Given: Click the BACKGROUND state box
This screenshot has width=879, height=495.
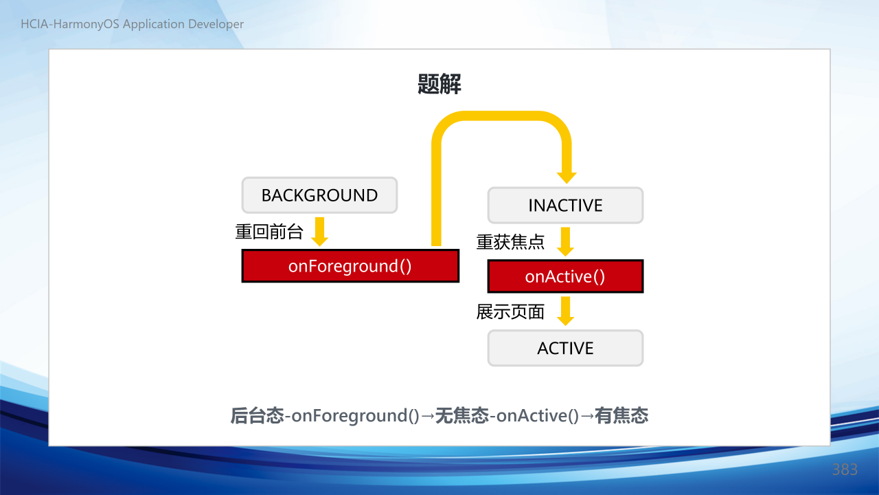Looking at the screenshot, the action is pos(319,195).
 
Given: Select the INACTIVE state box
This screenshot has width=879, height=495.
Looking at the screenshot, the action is pos(565,206).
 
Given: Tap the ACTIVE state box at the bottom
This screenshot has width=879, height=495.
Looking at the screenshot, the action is pos(565,348).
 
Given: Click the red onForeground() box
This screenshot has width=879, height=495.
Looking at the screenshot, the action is pos(350,266).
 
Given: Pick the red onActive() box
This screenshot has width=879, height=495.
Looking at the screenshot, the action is pos(565,276).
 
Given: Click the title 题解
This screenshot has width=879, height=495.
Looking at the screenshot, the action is pos(439,84).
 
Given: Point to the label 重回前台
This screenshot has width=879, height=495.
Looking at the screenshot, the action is pos(269,232).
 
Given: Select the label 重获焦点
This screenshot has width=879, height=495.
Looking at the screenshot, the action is pos(510,241).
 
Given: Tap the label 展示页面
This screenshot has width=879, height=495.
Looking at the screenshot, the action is pos(510,312).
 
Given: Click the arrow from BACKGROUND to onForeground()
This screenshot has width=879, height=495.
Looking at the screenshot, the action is pos(320,232).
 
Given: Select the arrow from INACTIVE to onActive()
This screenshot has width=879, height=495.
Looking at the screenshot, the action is pos(565,241).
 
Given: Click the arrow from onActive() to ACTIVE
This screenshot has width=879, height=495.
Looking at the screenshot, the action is pos(565,311).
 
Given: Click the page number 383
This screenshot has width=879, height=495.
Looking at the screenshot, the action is pos(845,470).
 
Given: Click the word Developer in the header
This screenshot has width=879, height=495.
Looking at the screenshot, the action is pos(216,24).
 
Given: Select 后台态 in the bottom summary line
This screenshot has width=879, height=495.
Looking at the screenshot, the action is pos(257,416).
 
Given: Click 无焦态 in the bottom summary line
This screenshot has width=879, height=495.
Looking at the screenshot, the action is pos(462,416).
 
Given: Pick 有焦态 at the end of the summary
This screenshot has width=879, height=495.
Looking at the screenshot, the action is pos(621,416).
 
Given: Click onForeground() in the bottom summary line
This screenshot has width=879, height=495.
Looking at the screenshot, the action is pos(355,416).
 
